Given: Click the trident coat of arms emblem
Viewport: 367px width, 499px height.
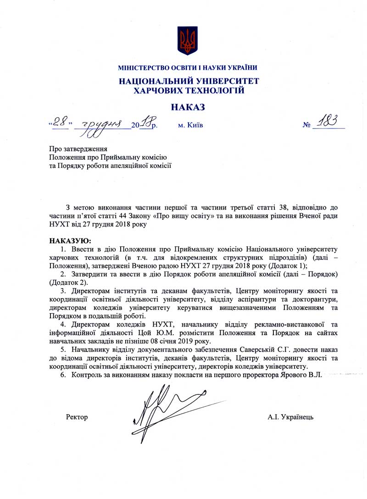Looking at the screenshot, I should click(x=188, y=40).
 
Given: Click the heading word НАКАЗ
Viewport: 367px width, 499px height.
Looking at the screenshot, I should click(x=188, y=107).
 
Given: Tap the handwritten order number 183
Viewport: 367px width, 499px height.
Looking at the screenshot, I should click(x=328, y=121).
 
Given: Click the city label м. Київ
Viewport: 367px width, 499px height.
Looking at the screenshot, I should click(x=190, y=124).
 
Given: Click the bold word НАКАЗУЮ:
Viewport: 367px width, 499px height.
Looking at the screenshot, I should click(x=70, y=240).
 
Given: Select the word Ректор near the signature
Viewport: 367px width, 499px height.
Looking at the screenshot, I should click(x=77, y=417).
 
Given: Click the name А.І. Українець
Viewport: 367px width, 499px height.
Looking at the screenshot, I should click(x=291, y=417).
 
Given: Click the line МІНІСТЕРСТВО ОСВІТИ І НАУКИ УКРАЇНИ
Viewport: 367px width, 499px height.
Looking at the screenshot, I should click(x=188, y=68).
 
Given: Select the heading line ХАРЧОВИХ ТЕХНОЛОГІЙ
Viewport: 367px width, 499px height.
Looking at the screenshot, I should click(x=188, y=91).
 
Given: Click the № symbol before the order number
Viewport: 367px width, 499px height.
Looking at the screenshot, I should click(x=307, y=125).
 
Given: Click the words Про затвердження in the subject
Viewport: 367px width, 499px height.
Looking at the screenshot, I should click(x=78, y=149).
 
